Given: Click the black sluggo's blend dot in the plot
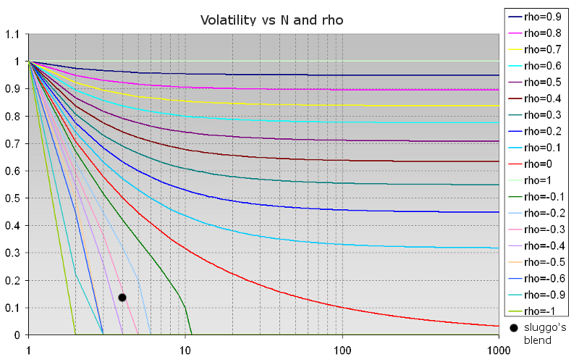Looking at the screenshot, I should pos(122,297).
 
